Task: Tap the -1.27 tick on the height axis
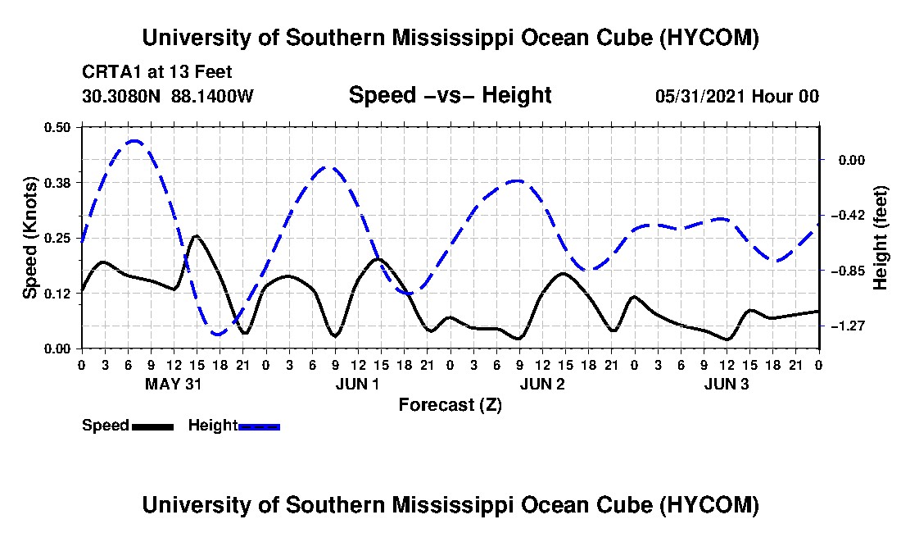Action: tap(851, 326)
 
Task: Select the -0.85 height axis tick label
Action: tap(851, 271)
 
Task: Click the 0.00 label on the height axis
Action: tap(852, 160)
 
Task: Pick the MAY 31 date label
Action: tap(173, 384)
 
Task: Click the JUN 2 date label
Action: tap(542, 384)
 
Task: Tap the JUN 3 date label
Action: tap(727, 384)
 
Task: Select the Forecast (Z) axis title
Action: tap(450, 405)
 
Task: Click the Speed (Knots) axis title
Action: tap(29, 238)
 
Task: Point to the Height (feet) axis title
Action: tap(881, 238)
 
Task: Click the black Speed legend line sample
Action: tap(152, 426)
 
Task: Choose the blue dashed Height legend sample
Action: tap(259, 426)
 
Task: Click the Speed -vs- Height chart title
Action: tap(450, 95)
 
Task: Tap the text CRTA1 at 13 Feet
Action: tap(157, 72)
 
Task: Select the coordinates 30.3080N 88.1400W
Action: tap(168, 96)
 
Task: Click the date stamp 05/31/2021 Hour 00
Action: tap(737, 96)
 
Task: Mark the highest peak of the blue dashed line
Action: tap(134, 140)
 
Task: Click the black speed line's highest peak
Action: tap(196, 236)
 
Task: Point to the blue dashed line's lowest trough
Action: tap(216, 334)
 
